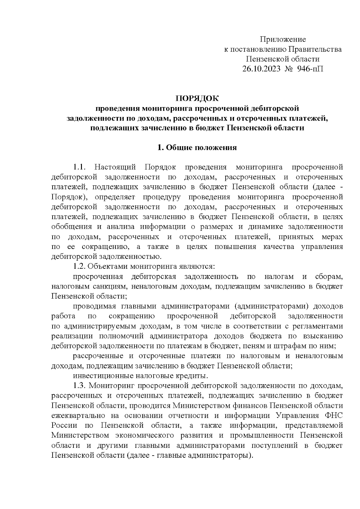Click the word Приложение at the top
[x=283, y=39]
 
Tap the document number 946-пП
[x=310, y=69]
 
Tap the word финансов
[x=250, y=406]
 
